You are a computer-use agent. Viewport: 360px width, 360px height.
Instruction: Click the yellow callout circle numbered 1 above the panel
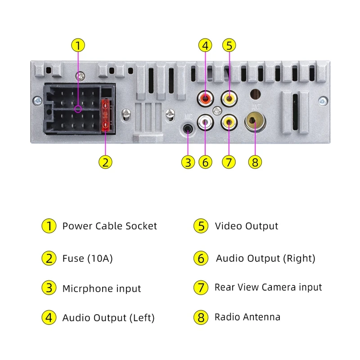(x=78, y=45)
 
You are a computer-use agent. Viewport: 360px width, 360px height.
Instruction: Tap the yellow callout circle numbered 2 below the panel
(x=105, y=162)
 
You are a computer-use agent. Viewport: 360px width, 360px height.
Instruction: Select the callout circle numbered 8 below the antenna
(x=255, y=162)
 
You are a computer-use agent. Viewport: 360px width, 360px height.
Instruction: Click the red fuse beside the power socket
(x=106, y=116)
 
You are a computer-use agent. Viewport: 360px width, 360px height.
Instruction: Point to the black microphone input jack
(x=189, y=130)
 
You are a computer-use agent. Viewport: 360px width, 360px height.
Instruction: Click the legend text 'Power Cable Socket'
(x=109, y=226)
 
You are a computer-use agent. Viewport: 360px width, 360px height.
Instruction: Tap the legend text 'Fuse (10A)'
(x=87, y=259)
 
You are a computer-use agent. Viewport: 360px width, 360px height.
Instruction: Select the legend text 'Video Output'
(x=246, y=226)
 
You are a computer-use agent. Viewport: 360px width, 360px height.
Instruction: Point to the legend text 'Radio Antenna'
(x=247, y=317)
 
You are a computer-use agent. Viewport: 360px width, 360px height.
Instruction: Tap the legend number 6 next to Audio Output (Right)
(x=201, y=259)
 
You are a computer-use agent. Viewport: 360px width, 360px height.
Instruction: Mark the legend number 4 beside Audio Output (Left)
(x=48, y=318)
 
